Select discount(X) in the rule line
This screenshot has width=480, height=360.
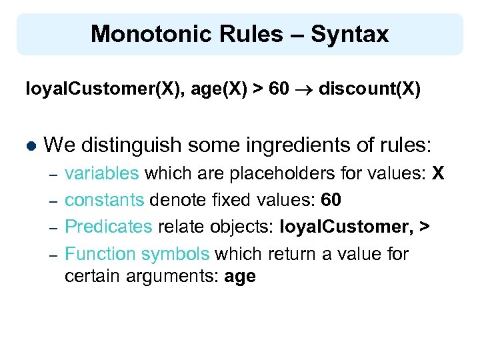pos(369,89)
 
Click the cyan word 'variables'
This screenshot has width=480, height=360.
pos(102,174)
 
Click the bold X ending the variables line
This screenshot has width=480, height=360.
pos(437,174)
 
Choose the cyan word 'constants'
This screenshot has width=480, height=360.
pos(105,200)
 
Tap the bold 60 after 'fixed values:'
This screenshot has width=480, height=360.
pos(331,200)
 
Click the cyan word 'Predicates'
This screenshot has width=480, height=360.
pos(109,227)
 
